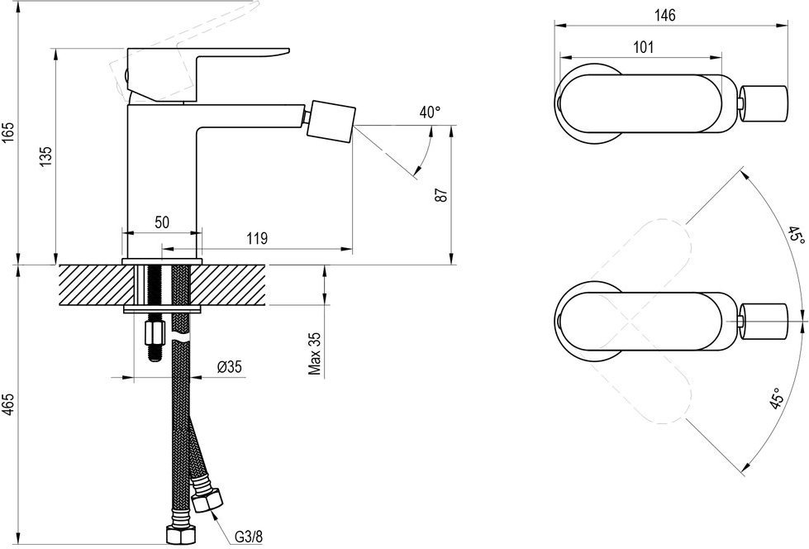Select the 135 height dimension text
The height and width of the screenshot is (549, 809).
(x=46, y=156)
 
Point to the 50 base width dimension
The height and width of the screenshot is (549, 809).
(x=162, y=222)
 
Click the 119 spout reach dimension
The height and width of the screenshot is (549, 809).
(x=257, y=239)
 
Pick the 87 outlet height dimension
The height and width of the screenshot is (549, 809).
(x=441, y=194)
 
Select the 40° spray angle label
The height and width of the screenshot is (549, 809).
(x=430, y=112)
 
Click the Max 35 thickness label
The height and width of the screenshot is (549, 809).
(x=315, y=353)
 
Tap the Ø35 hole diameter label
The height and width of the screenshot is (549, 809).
(x=229, y=366)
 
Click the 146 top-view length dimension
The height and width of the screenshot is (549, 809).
(x=665, y=16)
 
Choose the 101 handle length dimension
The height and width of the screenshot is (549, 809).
(x=643, y=47)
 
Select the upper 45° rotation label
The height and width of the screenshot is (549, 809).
(x=795, y=235)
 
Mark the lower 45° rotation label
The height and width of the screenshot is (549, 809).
(x=778, y=399)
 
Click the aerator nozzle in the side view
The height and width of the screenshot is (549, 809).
(x=331, y=122)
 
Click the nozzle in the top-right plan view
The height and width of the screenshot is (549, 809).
(x=764, y=105)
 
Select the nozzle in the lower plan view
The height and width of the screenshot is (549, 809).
(x=764, y=322)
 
